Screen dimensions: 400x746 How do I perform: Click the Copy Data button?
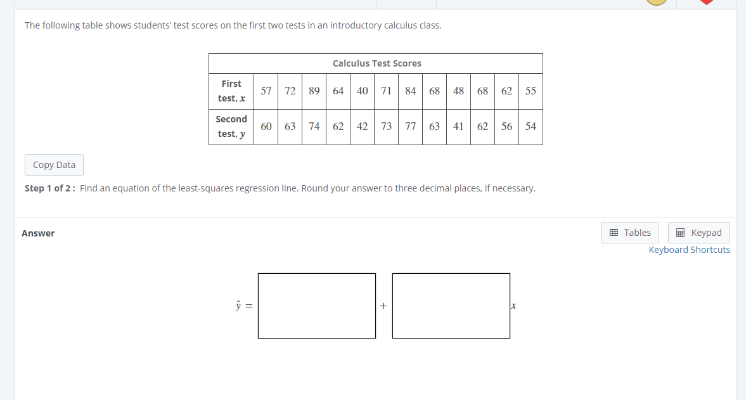pyautogui.click(x=54, y=165)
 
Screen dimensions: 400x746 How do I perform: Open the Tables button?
pyautogui.click(x=630, y=233)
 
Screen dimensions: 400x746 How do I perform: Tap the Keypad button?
pyautogui.click(x=698, y=233)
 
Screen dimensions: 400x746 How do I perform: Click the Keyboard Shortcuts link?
pyautogui.click(x=689, y=250)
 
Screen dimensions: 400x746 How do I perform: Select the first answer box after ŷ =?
pyautogui.click(x=316, y=306)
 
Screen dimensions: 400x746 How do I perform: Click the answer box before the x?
pyautogui.click(x=451, y=306)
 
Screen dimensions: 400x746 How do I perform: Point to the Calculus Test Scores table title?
pyautogui.click(x=376, y=63)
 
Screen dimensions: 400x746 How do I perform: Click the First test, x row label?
pyautogui.click(x=231, y=91)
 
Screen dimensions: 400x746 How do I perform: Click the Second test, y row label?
pyautogui.click(x=231, y=126)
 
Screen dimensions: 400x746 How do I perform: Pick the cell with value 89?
pyautogui.click(x=314, y=91)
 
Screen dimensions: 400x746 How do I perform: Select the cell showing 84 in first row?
pyautogui.click(x=411, y=91)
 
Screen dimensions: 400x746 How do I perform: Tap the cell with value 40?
pyautogui.click(x=363, y=91)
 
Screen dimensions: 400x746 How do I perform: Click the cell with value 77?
pyautogui.click(x=411, y=126)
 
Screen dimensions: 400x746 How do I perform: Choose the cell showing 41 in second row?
pyautogui.click(x=459, y=126)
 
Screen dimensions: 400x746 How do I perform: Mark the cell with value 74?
pyautogui.click(x=314, y=126)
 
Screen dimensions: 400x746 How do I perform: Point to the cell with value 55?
pyautogui.click(x=531, y=91)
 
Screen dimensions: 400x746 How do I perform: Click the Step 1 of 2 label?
pyautogui.click(x=51, y=188)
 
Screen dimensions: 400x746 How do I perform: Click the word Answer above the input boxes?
pyautogui.click(x=38, y=233)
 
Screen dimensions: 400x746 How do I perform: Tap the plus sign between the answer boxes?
pyautogui.click(x=383, y=306)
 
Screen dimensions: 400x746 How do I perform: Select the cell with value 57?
pyautogui.click(x=266, y=91)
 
